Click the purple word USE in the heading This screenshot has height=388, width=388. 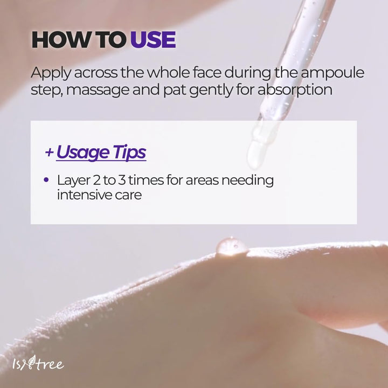click(x=153, y=39)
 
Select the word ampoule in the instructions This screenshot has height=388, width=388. click(x=332, y=73)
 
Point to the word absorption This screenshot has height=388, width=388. click(x=295, y=89)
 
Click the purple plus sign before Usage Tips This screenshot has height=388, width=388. click(x=49, y=153)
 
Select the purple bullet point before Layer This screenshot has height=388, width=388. click(x=46, y=179)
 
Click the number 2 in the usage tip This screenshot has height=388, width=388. click(x=96, y=180)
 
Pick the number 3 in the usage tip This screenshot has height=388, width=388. click(x=122, y=180)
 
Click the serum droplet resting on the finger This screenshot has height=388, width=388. click(x=231, y=246)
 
